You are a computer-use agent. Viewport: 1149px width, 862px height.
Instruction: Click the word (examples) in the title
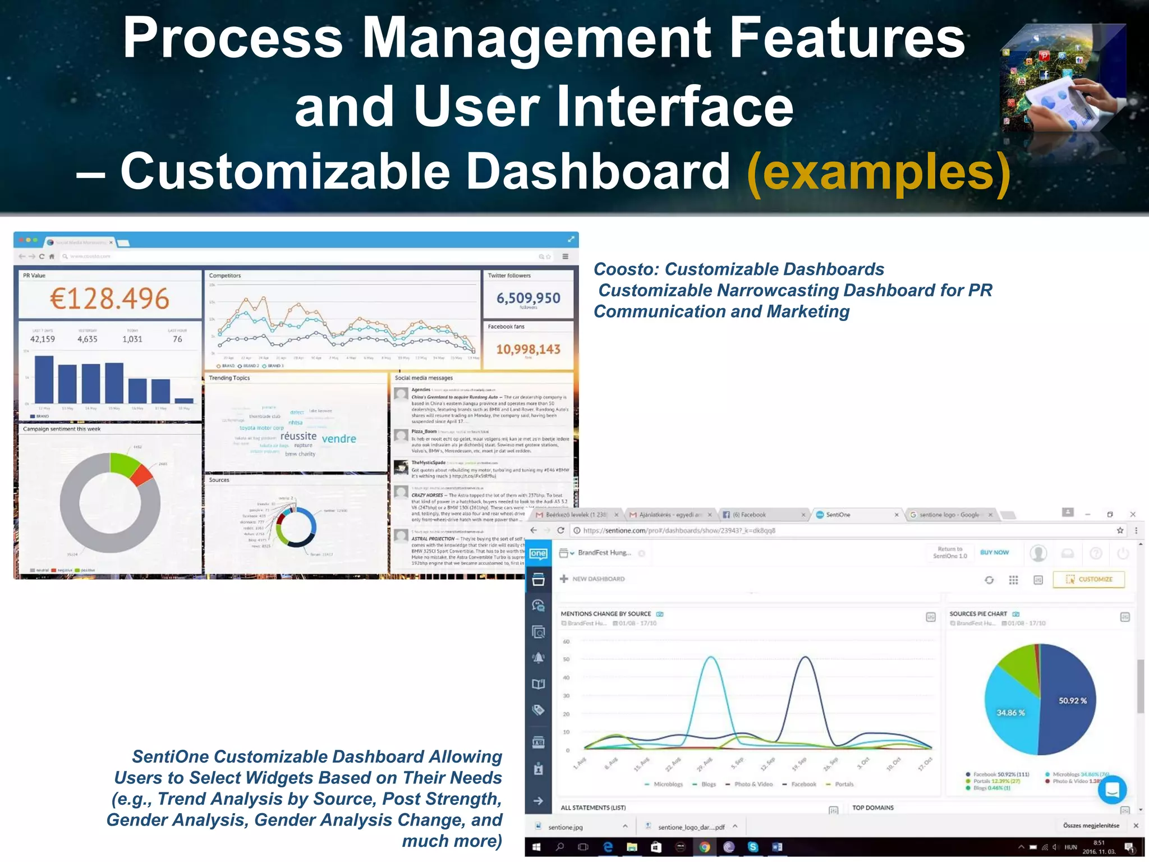[879, 173]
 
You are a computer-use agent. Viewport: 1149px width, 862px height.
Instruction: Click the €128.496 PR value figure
[109, 298]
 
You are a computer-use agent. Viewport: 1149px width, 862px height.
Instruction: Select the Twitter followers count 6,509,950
[528, 297]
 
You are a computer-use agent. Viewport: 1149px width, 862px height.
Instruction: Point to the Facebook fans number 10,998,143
[528, 349]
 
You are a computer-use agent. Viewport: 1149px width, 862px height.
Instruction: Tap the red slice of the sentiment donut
[143, 475]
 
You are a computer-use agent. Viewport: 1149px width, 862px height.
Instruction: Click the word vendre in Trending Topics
[339, 439]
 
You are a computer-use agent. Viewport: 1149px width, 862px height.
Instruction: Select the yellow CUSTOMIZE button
[1088, 579]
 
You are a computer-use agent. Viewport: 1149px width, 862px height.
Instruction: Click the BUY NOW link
[994, 552]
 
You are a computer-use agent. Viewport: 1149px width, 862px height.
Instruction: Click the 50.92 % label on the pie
[1072, 700]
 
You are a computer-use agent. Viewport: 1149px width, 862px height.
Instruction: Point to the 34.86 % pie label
[1010, 712]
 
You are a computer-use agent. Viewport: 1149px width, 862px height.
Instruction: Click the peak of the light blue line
[711, 657]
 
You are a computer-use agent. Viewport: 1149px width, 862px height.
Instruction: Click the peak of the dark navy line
[805, 657]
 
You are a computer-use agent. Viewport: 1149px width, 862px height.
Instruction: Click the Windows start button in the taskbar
[536, 847]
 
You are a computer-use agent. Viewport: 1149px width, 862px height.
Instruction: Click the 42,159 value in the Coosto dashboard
[43, 339]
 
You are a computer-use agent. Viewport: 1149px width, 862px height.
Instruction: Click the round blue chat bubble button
[1111, 790]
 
